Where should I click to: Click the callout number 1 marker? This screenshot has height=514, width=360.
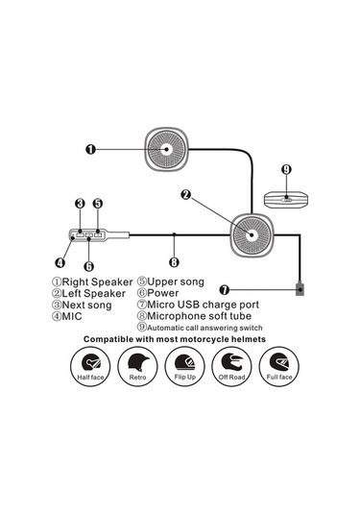(x=89, y=150)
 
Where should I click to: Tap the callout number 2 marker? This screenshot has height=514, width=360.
(x=186, y=195)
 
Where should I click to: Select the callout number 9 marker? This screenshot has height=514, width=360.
(x=286, y=169)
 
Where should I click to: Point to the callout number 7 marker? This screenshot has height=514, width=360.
(x=224, y=288)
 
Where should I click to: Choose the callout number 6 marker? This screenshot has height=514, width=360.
(x=88, y=266)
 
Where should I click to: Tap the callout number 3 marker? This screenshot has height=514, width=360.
(x=80, y=204)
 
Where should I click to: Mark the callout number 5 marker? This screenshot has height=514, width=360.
(x=98, y=204)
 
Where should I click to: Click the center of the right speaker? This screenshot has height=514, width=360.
(x=166, y=151)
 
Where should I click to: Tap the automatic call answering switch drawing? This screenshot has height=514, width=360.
(x=286, y=200)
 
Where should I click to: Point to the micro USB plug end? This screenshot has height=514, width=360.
(x=300, y=287)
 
